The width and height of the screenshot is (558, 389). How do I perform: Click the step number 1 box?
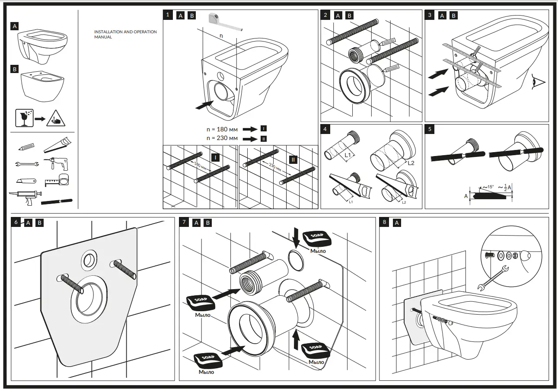coord(168,15)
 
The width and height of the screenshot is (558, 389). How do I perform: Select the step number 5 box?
coord(430,129)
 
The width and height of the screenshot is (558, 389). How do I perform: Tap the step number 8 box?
coord(384,222)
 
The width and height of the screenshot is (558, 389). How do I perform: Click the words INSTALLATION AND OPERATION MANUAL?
coord(125,35)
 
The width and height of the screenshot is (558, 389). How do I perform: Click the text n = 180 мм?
coord(222,129)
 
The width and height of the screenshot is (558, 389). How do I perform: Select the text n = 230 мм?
coord(222,138)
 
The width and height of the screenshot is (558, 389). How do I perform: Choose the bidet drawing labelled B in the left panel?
coord(42,86)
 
